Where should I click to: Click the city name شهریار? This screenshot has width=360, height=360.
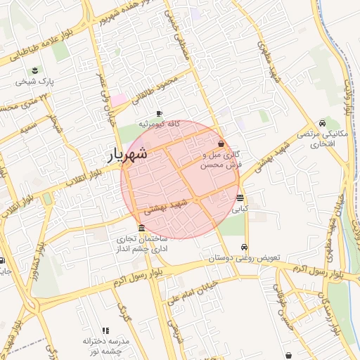127,155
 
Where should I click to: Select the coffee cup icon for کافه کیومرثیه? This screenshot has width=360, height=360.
159,113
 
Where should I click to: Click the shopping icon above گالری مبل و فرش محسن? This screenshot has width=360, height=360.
221,143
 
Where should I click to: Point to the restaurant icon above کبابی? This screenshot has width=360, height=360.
240,198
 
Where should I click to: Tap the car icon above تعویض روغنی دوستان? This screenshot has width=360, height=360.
243,247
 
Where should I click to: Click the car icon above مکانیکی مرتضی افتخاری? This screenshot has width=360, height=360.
322,122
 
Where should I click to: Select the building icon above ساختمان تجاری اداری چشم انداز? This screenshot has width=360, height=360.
142,229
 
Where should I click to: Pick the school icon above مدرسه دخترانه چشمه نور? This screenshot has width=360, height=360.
105,330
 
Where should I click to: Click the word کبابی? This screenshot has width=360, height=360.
240,209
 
